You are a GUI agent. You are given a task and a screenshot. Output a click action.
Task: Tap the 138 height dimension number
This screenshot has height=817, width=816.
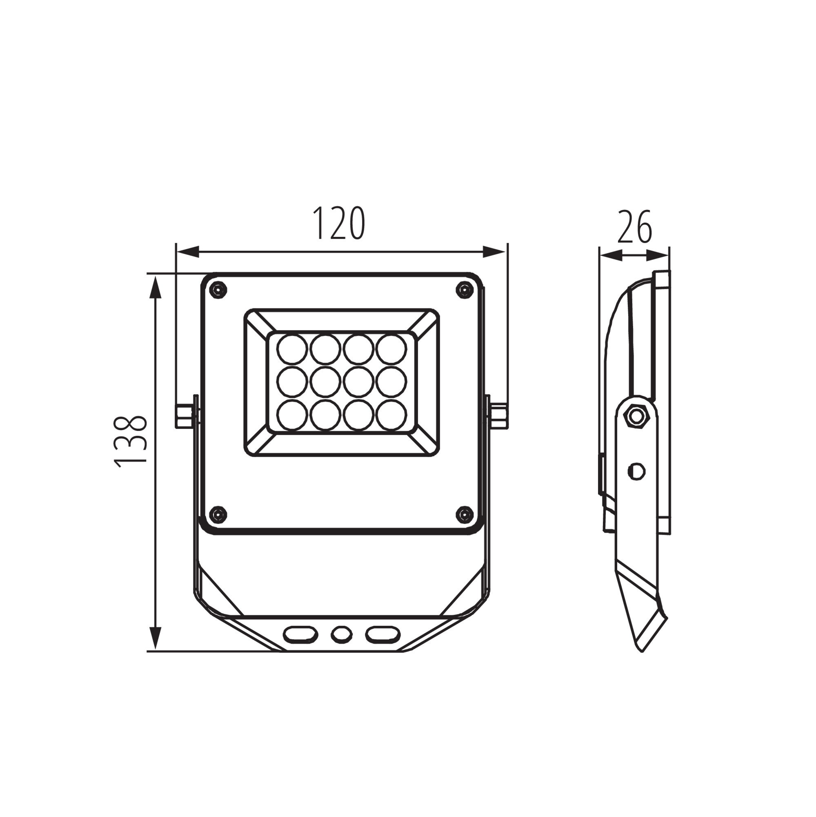131,442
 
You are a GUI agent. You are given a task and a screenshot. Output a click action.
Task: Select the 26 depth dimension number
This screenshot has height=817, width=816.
635,227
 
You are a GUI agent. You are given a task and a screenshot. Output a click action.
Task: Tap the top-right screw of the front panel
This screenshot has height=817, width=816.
465,290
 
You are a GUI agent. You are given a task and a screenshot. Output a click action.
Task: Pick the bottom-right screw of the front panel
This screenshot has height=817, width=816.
465,514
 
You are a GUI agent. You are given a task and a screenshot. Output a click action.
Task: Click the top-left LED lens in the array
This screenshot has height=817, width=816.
292,349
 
